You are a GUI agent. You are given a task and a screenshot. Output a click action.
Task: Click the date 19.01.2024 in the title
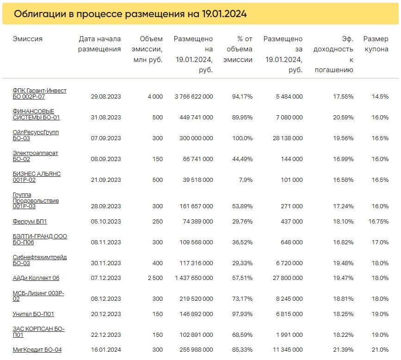(x=224, y=14)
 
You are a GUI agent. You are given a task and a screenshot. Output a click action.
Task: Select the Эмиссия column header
(x=28, y=39)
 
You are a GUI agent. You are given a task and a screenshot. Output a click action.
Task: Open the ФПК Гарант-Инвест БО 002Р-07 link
(x=39, y=93)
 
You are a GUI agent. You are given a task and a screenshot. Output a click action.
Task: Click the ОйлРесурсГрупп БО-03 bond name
(x=36, y=135)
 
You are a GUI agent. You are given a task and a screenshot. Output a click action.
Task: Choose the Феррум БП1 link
(x=30, y=222)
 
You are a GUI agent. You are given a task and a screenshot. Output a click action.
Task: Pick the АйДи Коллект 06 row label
(x=36, y=278)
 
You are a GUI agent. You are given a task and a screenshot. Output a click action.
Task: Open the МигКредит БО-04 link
(x=37, y=350)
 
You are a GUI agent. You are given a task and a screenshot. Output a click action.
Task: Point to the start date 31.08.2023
(x=106, y=118)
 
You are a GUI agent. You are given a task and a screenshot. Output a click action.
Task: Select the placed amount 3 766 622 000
(x=194, y=97)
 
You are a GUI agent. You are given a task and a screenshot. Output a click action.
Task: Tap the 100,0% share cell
(x=242, y=138)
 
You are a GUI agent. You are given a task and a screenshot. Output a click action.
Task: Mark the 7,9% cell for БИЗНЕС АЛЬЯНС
(x=245, y=180)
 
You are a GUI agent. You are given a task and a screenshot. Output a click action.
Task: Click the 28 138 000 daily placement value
(x=284, y=138)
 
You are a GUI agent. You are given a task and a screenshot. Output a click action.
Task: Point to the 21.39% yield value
(x=343, y=350)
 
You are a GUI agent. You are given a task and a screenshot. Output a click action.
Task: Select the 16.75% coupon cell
(x=378, y=222)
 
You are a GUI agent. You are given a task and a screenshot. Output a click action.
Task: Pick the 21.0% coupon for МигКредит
(x=380, y=350)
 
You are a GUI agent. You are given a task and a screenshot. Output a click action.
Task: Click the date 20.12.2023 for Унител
(x=106, y=314)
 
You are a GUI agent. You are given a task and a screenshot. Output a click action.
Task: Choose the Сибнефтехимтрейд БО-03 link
(x=39, y=260)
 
